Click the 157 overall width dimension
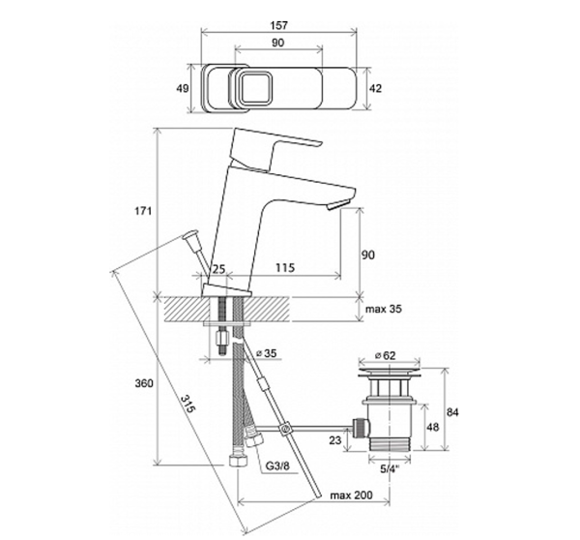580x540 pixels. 278,25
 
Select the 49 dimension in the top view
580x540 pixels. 183,88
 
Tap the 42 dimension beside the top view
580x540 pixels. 375,88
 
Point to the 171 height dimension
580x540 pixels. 143,211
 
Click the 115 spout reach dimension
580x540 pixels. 285,267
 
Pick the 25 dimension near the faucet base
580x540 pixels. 218,269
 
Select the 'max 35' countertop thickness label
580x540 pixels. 384,309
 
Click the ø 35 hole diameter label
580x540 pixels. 267,353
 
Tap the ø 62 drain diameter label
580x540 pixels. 385,355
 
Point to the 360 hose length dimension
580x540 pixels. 143,383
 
